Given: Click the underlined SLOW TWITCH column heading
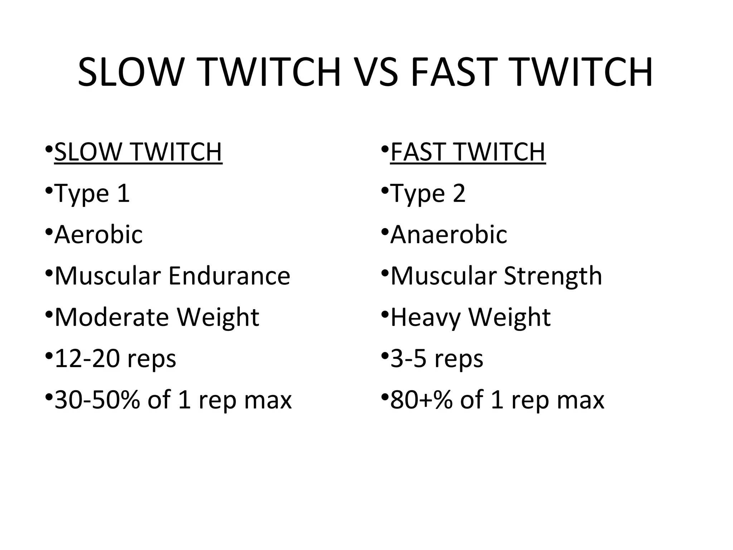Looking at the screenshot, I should click(138, 152).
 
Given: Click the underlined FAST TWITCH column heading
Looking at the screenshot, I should click(467, 152).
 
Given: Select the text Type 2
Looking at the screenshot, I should click(428, 194).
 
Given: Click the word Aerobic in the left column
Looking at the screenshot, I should click(98, 235).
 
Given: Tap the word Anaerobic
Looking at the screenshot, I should click(448, 235).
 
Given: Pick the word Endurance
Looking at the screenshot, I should click(229, 276).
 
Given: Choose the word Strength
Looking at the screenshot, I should click(553, 276).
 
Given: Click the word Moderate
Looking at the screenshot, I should click(112, 317).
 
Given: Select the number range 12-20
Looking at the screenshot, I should click(87, 359).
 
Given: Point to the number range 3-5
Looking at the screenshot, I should click(408, 359).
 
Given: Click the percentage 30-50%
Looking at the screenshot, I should click(97, 400).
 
